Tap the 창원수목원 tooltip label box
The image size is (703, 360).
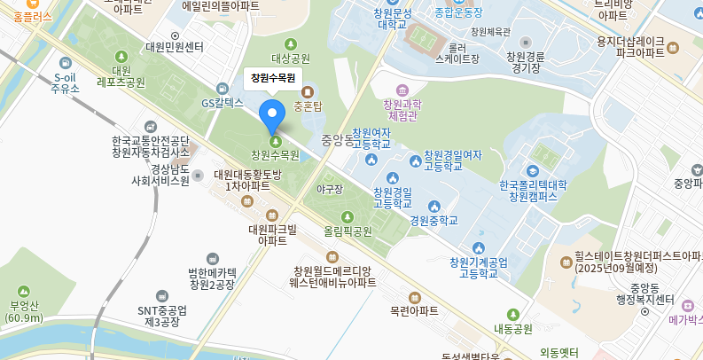click(x=272, y=78)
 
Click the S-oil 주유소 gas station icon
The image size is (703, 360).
click(x=66, y=63)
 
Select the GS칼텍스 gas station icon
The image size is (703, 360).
click(x=223, y=88)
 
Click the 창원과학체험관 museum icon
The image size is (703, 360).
click(x=402, y=90)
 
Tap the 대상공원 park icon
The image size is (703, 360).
click(x=290, y=43)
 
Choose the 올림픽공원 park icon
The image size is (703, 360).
click(x=346, y=216)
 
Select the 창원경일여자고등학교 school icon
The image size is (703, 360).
click(x=415, y=160)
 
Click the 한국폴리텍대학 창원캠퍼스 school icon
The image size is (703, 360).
click(x=532, y=170)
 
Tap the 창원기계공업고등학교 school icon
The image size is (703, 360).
click(x=479, y=247)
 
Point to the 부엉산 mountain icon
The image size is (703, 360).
click(x=24, y=291)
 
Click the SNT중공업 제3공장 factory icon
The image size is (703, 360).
click(x=161, y=295)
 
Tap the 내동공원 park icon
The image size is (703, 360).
click(x=512, y=314)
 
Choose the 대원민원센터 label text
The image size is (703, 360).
click(x=175, y=47)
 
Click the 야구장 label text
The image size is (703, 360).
click(x=329, y=189)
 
